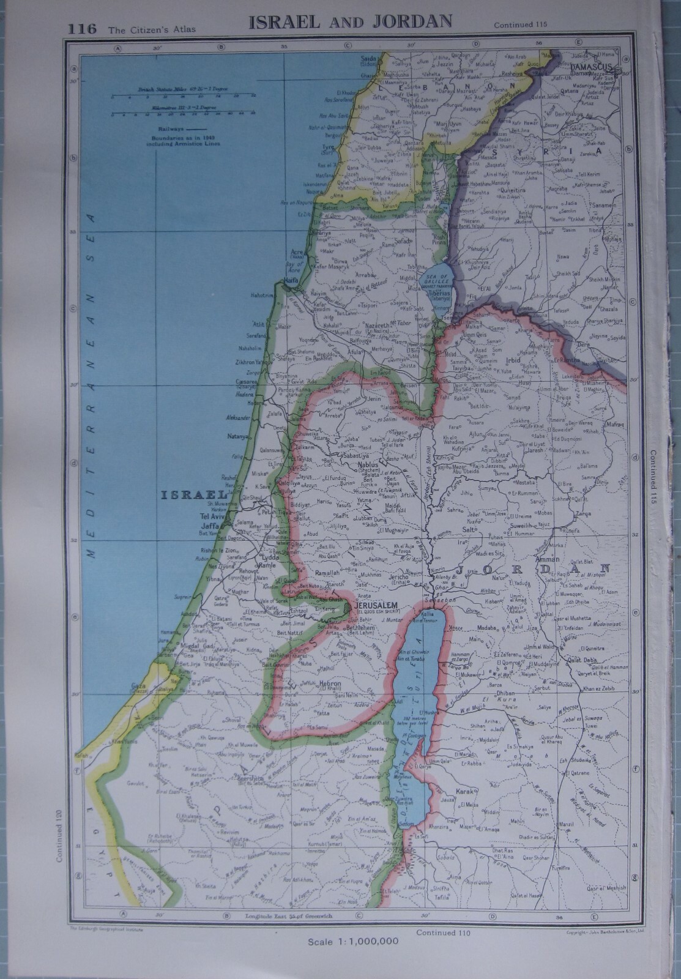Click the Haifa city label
point(287,281)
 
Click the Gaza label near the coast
point(138,686)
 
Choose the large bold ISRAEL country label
point(193,494)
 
